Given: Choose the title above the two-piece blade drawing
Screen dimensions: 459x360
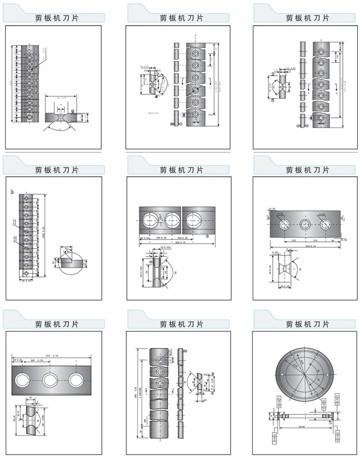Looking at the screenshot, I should [182, 169].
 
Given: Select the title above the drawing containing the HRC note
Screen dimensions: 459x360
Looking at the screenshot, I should [182, 18].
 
